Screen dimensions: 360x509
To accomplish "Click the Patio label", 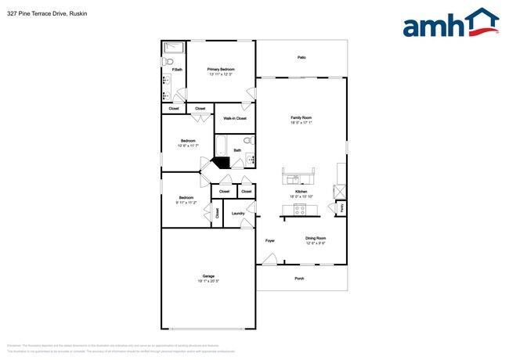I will (x=301, y=58).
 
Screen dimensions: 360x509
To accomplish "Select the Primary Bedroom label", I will (x=221, y=70).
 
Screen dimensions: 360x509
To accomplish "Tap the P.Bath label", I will (x=178, y=70).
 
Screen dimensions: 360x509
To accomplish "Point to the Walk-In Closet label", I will (x=235, y=118).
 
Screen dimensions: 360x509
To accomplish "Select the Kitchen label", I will (x=301, y=192).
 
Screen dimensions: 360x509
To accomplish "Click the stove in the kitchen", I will (x=300, y=208).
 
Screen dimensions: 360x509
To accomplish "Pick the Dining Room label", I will (x=316, y=238).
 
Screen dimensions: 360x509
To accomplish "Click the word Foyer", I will (x=269, y=240).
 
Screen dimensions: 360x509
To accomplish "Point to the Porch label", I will (x=299, y=279).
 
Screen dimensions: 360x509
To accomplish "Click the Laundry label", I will (x=238, y=213).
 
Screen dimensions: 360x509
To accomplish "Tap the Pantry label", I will (x=341, y=207).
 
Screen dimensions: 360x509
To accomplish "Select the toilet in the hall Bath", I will (x=247, y=141).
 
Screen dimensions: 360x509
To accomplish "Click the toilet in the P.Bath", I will (x=169, y=61).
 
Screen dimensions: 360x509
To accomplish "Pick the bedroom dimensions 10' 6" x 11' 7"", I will (x=188, y=146).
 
